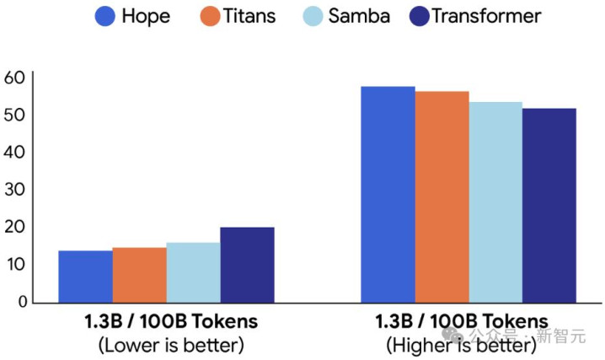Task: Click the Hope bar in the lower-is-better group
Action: [x=85, y=277]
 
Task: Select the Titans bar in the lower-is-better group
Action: [x=139, y=275]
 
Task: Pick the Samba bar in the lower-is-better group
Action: [x=193, y=272]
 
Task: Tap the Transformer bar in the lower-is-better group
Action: [x=247, y=265]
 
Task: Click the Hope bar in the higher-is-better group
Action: [x=388, y=194]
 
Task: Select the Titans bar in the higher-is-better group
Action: [x=442, y=196]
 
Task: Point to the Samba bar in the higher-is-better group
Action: [x=495, y=202]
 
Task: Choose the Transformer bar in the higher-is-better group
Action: [x=549, y=205]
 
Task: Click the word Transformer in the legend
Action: [x=486, y=15]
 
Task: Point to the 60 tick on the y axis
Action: [x=16, y=78]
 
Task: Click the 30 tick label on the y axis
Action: [x=16, y=190]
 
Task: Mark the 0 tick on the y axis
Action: [x=23, y=302]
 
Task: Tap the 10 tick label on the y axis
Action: [x=16, y=265]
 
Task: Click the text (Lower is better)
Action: [x=171, y=345]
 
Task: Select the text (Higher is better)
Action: [x=461, y=345]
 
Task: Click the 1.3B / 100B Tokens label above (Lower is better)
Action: [x=171, y=321]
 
